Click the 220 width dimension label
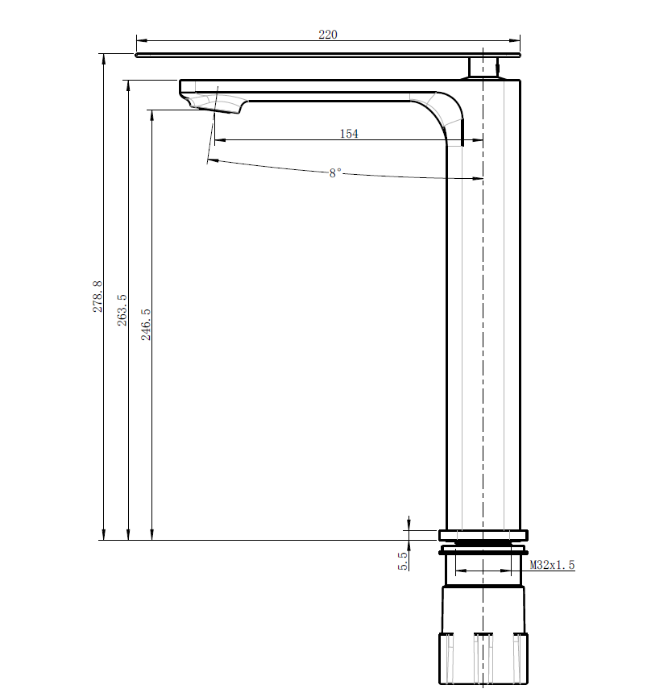coord(328,35)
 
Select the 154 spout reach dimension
coord(349,134)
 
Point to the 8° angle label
coord(335,173)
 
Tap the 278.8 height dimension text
coord(97,297)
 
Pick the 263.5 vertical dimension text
coord(122,309)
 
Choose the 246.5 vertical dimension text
coord(146,324)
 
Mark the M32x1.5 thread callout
coord(553,566)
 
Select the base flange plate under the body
coord(483,534)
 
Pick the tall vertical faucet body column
coord(483,322)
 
